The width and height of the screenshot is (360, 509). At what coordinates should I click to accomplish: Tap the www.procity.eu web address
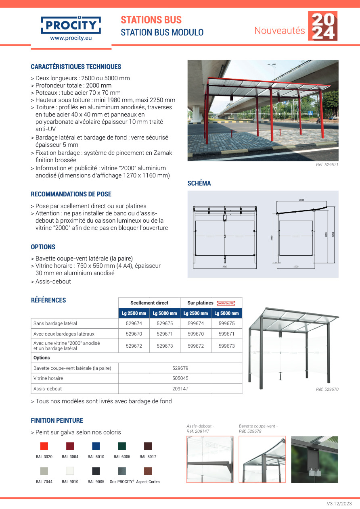pyautogui.click(x=71, y=38)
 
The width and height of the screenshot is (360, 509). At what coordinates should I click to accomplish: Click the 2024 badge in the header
pyautogui.click(x=322, y=26)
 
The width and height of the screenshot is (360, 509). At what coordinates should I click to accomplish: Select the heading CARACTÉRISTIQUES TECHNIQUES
pyautogui.click(x=76, y=67)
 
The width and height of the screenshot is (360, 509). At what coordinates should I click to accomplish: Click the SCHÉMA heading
pyautogui.click(x=199, y=184)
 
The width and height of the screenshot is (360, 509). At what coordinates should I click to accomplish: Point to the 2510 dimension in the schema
pyautogui.click(x=224, y=267)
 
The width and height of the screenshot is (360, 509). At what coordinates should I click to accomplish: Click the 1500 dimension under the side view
pyautogui.click(x=296, y=267)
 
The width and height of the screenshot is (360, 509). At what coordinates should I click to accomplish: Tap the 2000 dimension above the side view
pyautogui.click(x=301, y=200)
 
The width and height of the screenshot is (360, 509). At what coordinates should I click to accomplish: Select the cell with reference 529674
pyautogui.click(x=134, y=323)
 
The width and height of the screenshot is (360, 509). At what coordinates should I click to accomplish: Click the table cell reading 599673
pyautogui.click(x=226, y=346)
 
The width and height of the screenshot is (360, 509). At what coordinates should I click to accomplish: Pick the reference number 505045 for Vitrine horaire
pyautogui.click(x=180, y=378)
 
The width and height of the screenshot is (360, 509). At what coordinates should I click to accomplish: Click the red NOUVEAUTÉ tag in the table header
pyautogui.click(x=226, y=303)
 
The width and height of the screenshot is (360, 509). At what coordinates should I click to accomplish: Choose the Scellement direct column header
pyautogui.click(x=149, y=303)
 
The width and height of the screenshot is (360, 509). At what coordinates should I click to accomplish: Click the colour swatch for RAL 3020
pyautogui.click(x=44, y=446)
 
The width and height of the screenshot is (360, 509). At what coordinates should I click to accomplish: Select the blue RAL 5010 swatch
pyautogui.click(x=96, y=446)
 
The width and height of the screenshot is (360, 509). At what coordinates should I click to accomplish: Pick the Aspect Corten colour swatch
pyautogui.click(x=148, y=471)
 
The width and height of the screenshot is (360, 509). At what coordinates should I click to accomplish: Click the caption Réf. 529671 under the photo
pyautogui.click(x=327, y=165)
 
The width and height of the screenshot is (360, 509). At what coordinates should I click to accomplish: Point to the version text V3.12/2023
pyautogui.click(x=339, y=504)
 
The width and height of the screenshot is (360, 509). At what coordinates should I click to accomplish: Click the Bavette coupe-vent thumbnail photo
pyautogui.click(x=262, y=459)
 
